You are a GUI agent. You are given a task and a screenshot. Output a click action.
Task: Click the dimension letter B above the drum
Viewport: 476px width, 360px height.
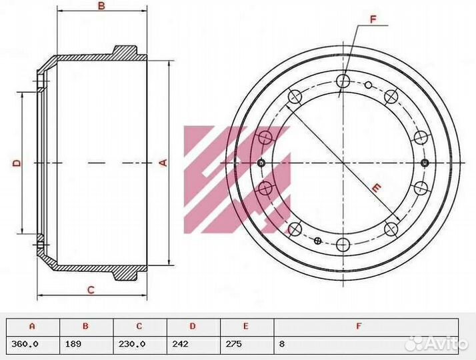click(x=102, y=6)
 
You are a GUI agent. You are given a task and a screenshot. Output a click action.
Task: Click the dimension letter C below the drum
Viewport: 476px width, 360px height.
click(x=91, y=290)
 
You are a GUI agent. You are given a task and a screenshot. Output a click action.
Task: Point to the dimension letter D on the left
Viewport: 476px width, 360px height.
click(x=17, y=163)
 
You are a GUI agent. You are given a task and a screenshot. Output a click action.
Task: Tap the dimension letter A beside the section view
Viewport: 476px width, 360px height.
click(x=163, y=163)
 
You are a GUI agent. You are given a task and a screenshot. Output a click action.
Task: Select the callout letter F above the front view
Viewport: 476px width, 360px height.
click(x=373, y=19)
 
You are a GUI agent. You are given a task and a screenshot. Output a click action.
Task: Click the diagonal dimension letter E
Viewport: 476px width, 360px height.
click(x=376, y=188)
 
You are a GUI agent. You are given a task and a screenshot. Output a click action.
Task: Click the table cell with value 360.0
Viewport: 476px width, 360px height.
click(x=25, y=344)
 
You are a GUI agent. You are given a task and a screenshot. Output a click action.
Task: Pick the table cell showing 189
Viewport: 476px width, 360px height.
click(x=73, y=344)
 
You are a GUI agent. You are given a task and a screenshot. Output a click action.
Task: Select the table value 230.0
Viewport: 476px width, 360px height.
click(x=132, y=344)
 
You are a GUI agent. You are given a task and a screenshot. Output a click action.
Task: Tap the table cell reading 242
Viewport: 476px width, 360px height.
click(x=180, y=344)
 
